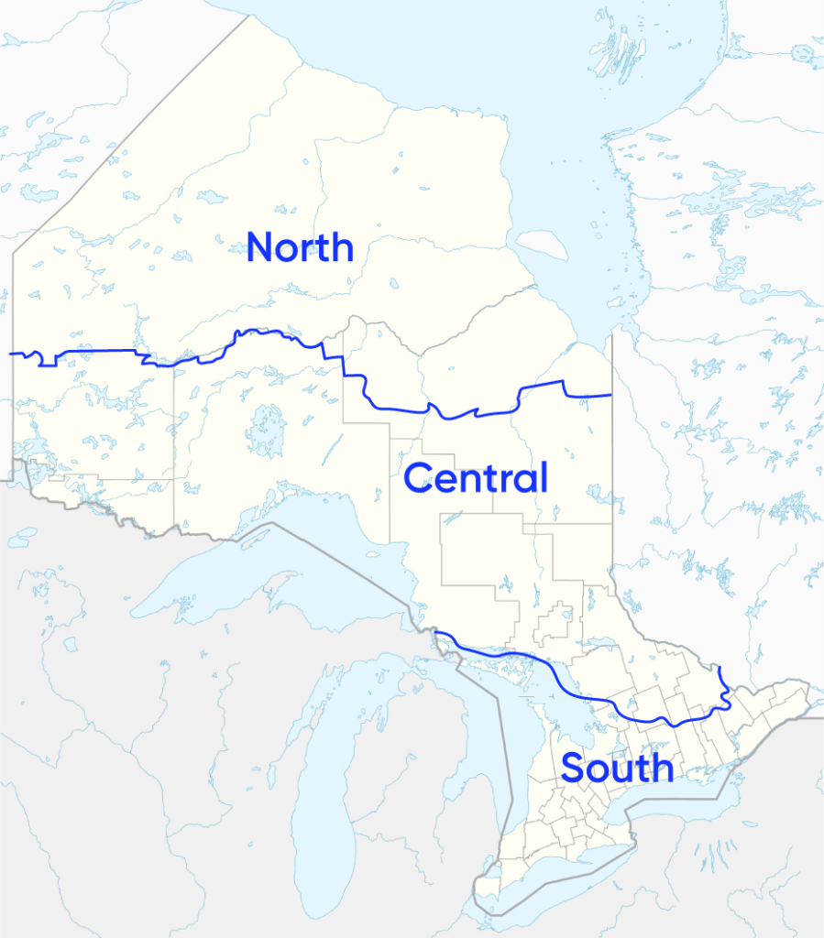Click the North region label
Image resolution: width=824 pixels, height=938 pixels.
(x=300, y=247)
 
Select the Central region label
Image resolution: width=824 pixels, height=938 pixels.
(x=475, y=478)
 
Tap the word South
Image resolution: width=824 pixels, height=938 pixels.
(x=617, y=768)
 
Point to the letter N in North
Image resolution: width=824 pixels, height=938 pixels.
(x=261, y=247)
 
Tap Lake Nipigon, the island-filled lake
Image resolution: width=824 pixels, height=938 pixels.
(x=266, y=429)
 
